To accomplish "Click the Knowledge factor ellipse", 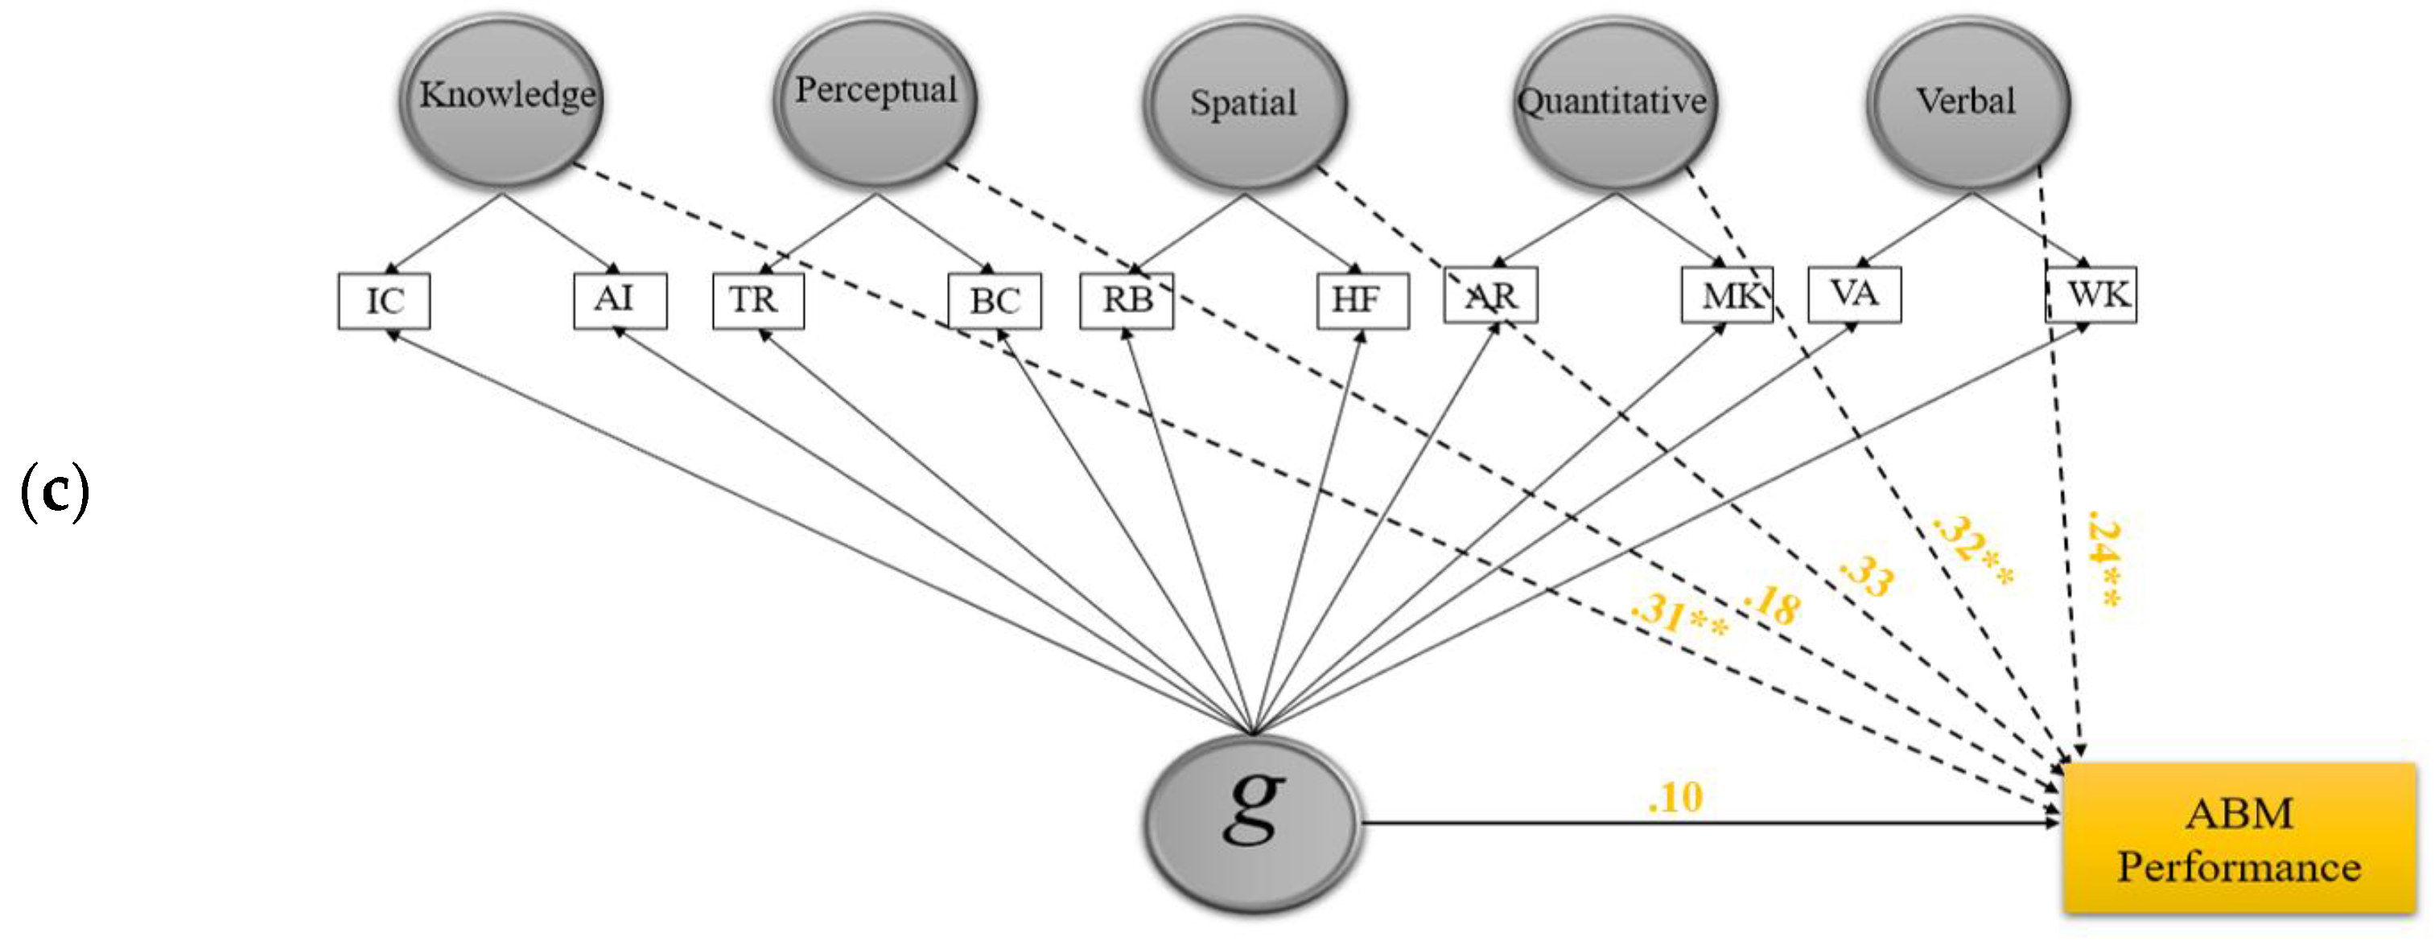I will [503, 99].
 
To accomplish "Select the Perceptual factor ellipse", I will [876, 97].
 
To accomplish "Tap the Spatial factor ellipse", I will [1244, 104].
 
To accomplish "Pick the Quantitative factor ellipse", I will [1614, 102].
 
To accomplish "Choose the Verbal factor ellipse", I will [1968, 102].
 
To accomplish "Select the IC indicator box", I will [384, 302].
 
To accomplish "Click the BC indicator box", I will [995, 302].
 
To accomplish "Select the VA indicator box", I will [1854, 295].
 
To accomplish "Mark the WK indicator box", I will [2091, 295].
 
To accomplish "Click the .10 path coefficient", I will [1675, 798].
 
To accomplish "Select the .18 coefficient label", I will [1771, 605].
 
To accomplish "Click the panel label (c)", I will [55, 491].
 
